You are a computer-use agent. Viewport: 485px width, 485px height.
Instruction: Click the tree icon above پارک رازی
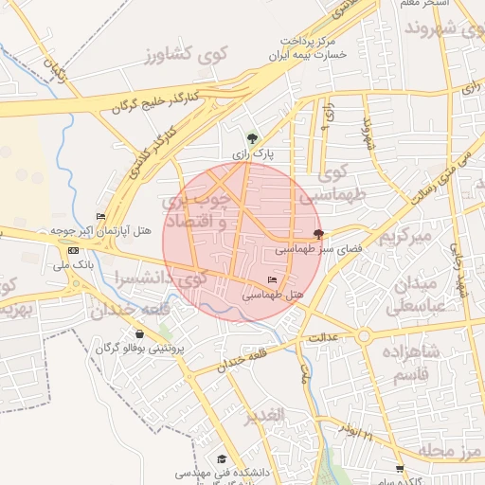[x=251, y=138]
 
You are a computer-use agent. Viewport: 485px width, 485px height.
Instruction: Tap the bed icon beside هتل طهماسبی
[x=273, y=279]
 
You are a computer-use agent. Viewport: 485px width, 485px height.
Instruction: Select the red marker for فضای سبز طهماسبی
[x=317, y=235]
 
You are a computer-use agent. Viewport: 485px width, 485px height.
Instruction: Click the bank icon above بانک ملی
[x=74, y=249]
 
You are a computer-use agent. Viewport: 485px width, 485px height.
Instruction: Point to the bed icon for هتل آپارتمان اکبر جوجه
[x=100, y=217]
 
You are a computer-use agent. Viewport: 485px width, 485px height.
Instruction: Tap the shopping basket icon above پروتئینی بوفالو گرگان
[x=140, y=333]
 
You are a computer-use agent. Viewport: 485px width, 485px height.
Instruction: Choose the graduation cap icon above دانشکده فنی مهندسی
[x=222, y=458]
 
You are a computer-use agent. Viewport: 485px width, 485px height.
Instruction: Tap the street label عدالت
[x=322, y=337]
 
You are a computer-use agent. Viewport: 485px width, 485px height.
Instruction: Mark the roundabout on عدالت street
[x=363, y=336]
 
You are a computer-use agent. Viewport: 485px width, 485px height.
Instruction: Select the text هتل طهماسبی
[x=273, y=295]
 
